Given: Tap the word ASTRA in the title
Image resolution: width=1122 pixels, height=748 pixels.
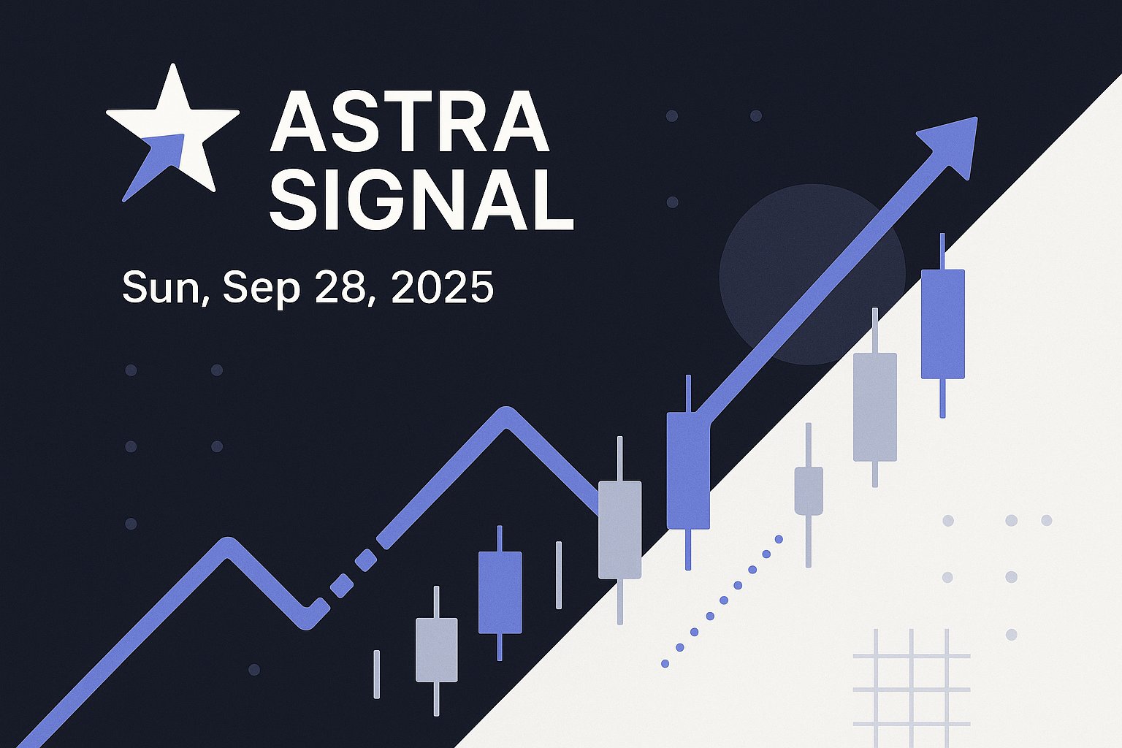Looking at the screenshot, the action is point(411,122).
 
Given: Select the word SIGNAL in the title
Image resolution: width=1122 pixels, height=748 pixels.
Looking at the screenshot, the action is point(421,199).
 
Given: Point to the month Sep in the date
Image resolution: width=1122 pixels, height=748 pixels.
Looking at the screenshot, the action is point(262,289).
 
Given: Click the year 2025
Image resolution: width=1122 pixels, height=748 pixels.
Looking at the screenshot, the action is point(442,287).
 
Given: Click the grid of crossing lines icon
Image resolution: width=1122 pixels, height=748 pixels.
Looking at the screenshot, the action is point(912,688).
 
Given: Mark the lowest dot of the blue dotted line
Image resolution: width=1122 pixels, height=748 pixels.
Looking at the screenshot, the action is point(665,663).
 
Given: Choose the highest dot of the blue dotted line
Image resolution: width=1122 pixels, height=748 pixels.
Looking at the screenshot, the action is point(779,539).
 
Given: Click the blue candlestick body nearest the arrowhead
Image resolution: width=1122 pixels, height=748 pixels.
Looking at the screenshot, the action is point(943,324).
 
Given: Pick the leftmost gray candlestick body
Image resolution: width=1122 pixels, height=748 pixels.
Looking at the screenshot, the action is point(436,650).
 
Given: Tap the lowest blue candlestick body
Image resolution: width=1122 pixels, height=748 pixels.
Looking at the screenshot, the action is point(500,592).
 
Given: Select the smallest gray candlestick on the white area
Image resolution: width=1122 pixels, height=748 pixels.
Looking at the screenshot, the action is point(809,491).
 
